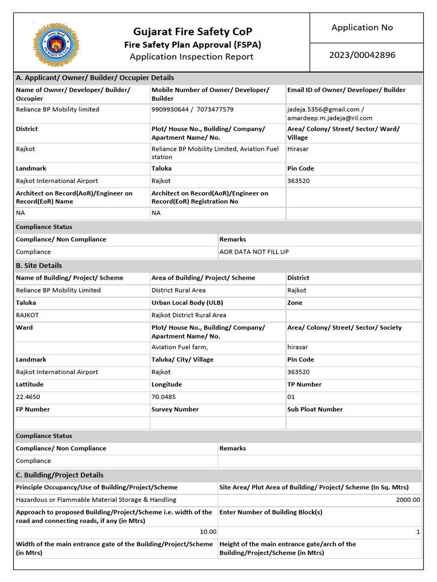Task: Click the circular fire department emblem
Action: [56, 45]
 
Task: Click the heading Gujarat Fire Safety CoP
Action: [192, 31]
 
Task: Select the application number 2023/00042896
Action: [362, 55]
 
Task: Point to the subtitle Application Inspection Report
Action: [192, 56]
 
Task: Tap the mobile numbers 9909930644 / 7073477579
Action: [192, 109]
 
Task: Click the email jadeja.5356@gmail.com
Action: [324, 109]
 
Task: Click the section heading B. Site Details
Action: [39, 265]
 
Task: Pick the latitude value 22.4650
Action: [28, 397]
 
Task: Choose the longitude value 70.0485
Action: [163, 397]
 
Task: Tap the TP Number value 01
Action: [291, 397]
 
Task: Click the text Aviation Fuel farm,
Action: [180, 347]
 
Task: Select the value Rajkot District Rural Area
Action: [188, 315]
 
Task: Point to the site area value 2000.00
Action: [408, 500]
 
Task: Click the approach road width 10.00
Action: [207, 531]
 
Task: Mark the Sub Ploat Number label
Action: [315, 409]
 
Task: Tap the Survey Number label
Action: [175, 409]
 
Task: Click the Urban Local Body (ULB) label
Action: [187, 303]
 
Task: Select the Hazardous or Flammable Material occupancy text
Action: [96, 500]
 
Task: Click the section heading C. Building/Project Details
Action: [60, 475]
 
